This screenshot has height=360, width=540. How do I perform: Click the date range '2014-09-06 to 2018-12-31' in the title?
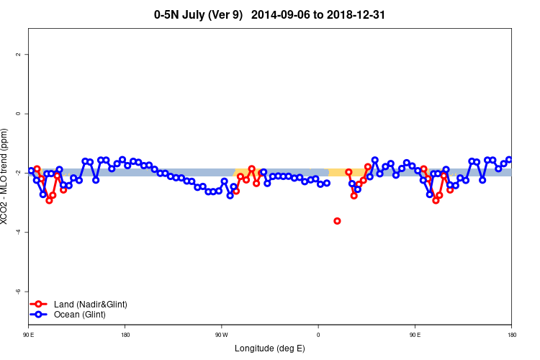pos(325,14)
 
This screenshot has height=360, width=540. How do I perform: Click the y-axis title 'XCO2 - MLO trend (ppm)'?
pos(6,176)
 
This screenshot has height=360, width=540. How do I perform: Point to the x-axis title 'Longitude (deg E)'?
pos(270,348)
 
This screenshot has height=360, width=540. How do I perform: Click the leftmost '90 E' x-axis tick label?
pos(29,335)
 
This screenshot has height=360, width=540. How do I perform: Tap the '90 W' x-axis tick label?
pos(222,335)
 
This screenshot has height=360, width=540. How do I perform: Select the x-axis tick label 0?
pos(318,335)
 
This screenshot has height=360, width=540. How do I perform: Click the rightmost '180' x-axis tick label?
pos(511,335)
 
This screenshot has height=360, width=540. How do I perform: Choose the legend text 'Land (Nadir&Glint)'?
pos(90,305)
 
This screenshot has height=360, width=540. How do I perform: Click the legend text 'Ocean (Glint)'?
pos(79,315)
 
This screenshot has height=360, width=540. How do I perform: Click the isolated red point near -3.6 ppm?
pos(337,221)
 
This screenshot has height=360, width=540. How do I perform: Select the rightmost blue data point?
pos(509,160)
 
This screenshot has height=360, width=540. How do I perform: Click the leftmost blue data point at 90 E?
pos(31,171)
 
